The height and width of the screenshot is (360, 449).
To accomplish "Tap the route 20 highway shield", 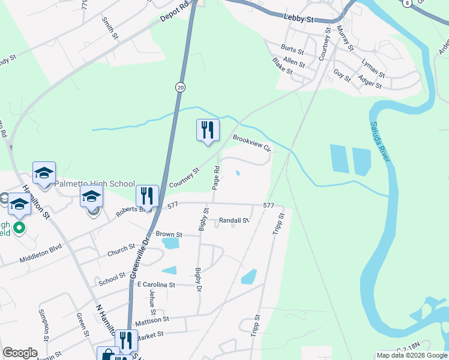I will tap(180, 88).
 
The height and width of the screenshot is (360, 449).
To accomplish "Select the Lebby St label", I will tap(299, 20).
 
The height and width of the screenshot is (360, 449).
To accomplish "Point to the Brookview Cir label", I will tap(252, 144).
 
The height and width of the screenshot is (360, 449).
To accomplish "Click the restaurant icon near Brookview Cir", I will tap(208, 130).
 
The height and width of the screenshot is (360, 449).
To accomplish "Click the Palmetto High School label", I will tap(95, 184).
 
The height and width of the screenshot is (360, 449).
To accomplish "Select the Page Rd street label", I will tap(216, 178).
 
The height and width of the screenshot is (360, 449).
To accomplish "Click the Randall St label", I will tap(234, 221).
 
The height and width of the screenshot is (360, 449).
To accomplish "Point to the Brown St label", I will tap(169, 234).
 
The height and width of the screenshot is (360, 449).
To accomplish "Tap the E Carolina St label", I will tap(155, 284).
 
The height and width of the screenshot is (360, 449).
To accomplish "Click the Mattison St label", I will tap(152, 321).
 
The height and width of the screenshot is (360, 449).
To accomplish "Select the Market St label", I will tap(152, 337).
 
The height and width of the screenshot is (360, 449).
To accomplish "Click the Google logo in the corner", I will tap(20, 353).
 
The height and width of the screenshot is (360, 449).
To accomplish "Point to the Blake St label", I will tap(282, 66).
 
